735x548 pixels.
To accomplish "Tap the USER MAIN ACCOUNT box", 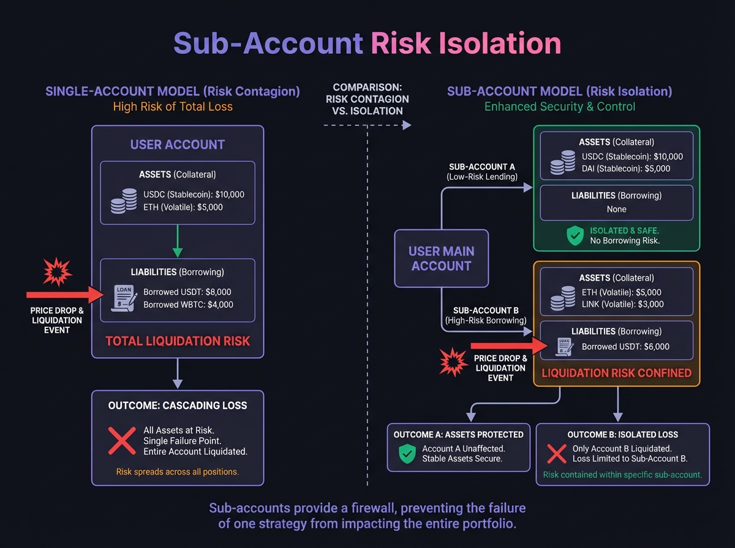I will click(x=441, y=259).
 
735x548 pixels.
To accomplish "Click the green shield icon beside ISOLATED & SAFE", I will click(x=575, y=235).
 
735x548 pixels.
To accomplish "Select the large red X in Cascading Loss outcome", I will click(x=122, y=440).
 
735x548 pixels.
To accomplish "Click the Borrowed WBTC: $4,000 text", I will click(x=188, y=305).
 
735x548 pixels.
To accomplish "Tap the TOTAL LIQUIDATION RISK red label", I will click(x=178, y=341).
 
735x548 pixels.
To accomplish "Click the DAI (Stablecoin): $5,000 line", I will click(x=626, y=169).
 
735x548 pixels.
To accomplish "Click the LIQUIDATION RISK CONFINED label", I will click(x=617, y=373).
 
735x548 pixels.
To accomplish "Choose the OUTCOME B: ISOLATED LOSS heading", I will click(x=622, y=435).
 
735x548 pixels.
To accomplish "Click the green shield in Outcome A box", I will click(x=407, y=453).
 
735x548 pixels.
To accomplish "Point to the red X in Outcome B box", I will click(x=556, y=453).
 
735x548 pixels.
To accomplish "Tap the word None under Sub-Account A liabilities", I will click(x=616, y=209).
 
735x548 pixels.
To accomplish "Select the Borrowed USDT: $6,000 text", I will click(x=625, y=347).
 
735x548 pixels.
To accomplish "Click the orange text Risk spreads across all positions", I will click(x=178, y=472).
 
